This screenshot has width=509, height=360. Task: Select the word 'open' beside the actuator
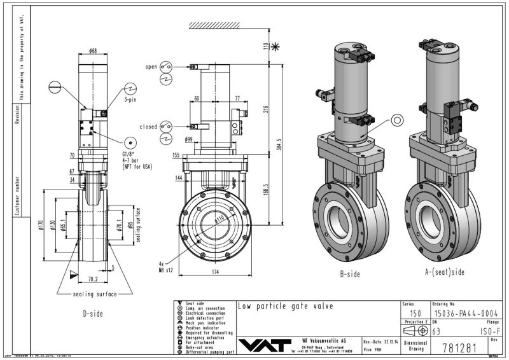tap(151, 66)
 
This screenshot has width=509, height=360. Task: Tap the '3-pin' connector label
tap(130, 100)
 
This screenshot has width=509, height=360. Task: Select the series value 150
tap(415, 314)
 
